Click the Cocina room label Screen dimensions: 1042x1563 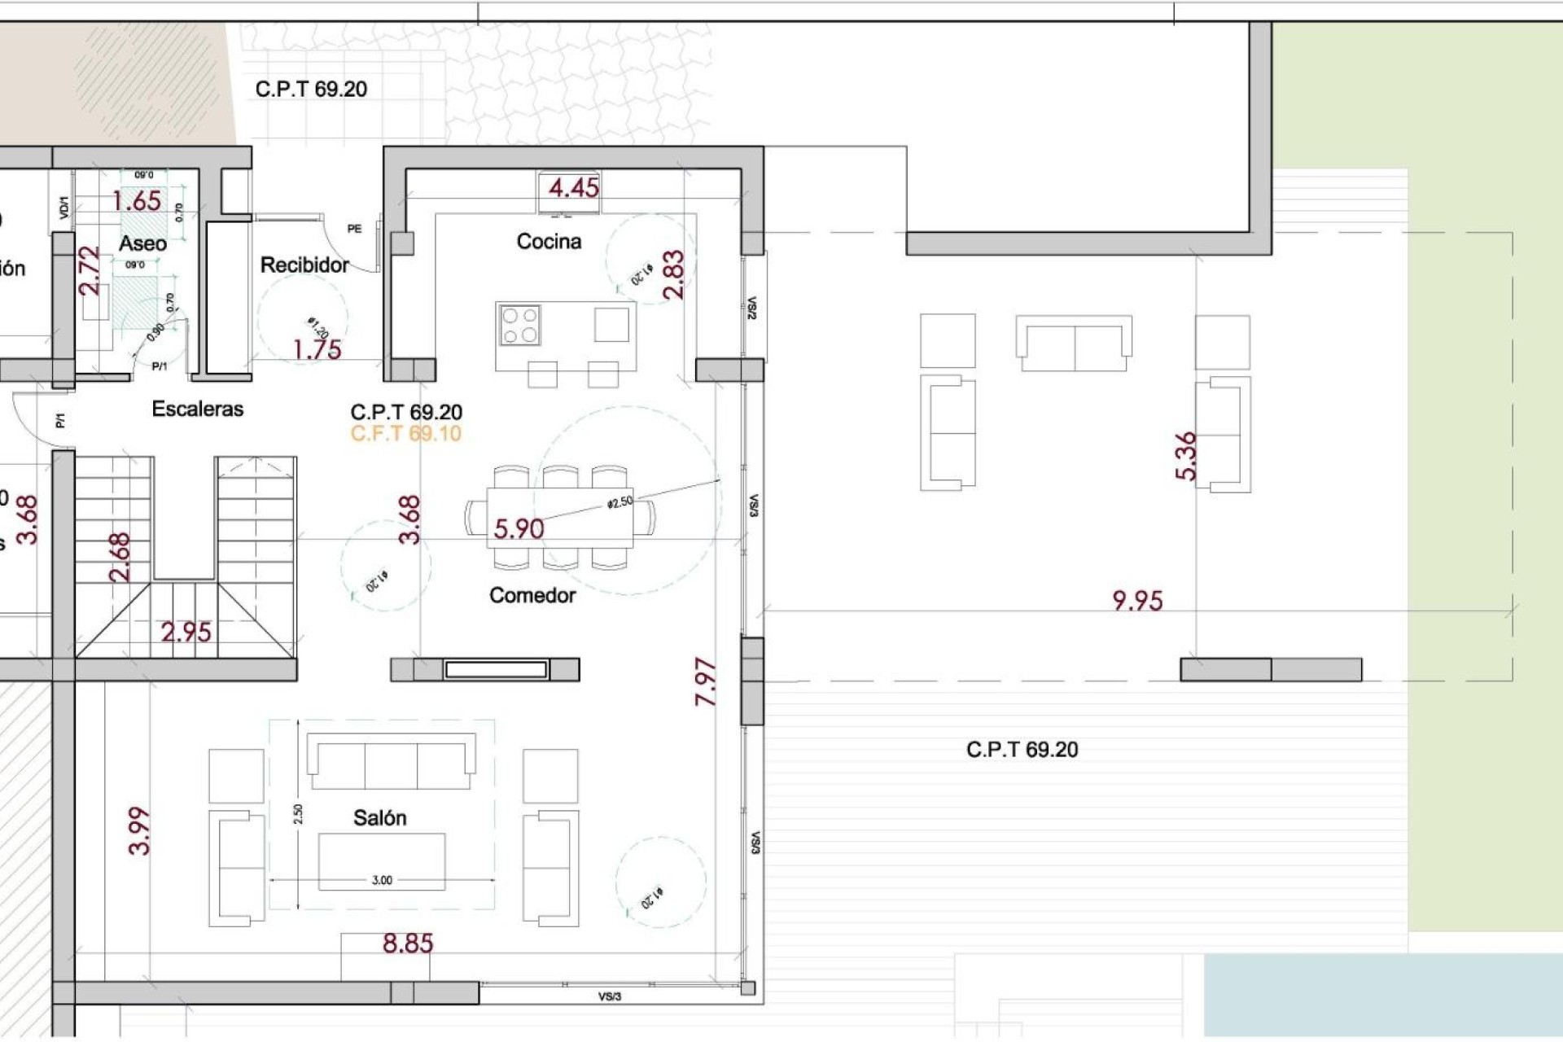tap(549, 241)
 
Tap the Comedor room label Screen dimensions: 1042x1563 tap(532, 595)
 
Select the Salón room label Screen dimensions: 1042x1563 tap(379, 817)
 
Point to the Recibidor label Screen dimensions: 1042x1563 tap(304, 265)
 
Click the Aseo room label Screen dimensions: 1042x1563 tap(142, 243)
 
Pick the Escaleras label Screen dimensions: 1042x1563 tap(198, 409)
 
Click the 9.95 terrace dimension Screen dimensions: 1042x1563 tap(1137, 601)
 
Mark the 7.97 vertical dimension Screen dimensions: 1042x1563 tap(706, 682)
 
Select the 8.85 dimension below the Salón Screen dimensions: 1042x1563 tap(408, 943)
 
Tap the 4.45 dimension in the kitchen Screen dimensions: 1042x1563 tap(573, 188)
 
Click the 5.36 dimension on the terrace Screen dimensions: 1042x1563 tap(1186, 456)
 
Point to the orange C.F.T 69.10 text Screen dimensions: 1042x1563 tap(405, 433)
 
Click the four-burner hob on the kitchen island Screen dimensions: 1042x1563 tap(520, 325)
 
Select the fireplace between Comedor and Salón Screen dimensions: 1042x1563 tap(495, 669)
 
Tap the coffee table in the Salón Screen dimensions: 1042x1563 tap(382, 861)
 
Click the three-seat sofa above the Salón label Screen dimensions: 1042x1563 tap(391, 762)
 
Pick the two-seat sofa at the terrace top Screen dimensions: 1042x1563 tap(1074, 344)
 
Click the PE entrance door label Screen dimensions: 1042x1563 tap(354, 229)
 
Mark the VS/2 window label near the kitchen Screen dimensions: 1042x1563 tap(751, 308)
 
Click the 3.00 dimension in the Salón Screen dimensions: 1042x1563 tap(382, 880)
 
